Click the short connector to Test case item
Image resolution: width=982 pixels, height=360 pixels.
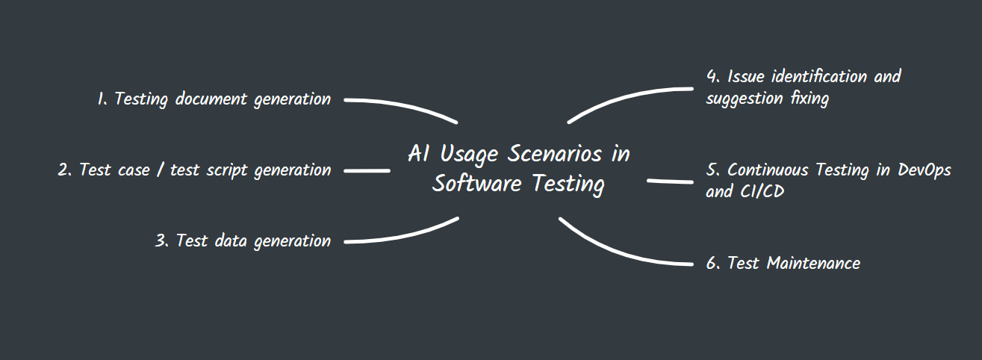pyautogui.click(x=367, y=171)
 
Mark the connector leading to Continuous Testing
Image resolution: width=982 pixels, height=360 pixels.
pyautogui.click(x=670, y=181)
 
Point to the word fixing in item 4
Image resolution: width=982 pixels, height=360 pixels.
pyautogui.click(x=809, y=99)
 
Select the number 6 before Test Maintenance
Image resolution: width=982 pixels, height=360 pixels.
pyautogui.click(x=712, y=264)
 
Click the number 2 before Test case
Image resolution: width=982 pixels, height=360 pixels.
pyautogui.click(x=63, y=170)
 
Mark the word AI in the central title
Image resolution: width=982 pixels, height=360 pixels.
pyautogui.click(x=417, y=155)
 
